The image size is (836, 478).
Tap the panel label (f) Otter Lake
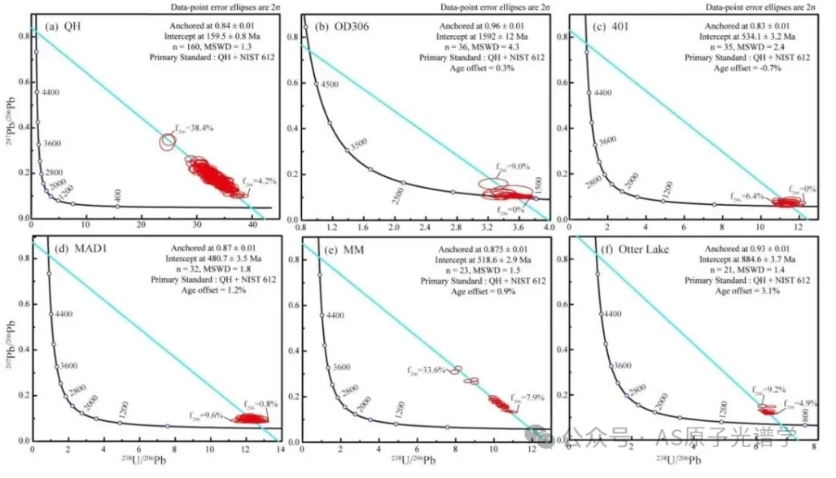point(615,250)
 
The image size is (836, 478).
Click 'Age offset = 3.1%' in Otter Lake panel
point(746,290)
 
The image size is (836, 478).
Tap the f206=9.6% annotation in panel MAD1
point(204,415)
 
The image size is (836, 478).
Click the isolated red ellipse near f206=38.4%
point(168,142)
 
